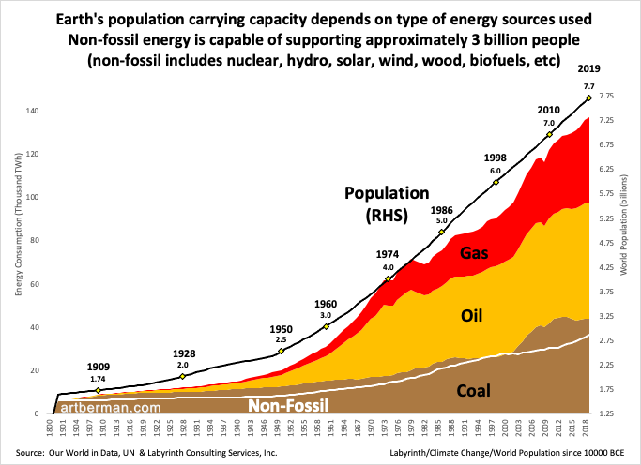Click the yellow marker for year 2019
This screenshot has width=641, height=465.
tap(588, 97)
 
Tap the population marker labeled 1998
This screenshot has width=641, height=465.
tap(496, 182)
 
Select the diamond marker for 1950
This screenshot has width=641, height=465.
tap(281, 352)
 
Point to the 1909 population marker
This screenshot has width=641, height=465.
tap(99, 390)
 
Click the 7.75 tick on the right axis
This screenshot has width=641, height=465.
tap(606, 97)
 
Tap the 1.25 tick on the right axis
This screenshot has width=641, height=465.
tap(606, 413)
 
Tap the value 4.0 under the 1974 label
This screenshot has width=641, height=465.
tap(388, 267)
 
